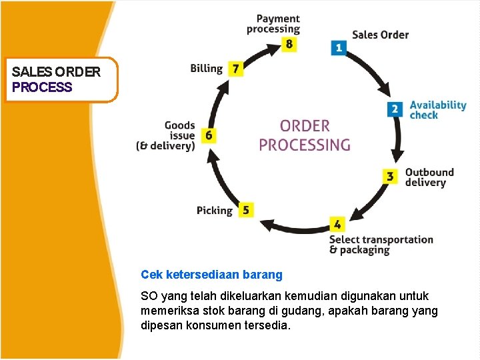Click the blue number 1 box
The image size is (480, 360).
pos(339,47)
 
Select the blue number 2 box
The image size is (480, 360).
pos(395,109)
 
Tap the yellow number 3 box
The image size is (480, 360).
pos(390,177)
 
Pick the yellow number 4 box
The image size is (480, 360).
pos(338,225)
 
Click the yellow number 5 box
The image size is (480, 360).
pos(245,209)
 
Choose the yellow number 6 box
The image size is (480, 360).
pos(209,135)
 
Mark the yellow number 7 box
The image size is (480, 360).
pos(235,68)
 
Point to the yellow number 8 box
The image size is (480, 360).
pos(289,44)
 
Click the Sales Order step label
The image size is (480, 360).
pos(380,35)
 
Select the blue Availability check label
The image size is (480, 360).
pos(437,109)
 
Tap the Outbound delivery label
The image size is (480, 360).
pos(429,177)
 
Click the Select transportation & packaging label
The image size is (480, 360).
pos(381,245)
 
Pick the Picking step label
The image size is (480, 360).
pos(215,211)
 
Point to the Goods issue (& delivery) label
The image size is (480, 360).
pos(166,135)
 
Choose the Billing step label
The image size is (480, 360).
pos(206,68)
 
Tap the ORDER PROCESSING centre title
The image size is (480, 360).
pos(305,135)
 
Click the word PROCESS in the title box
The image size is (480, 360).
pos(42,87)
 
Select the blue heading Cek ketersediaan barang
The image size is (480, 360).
pos(211,274)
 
